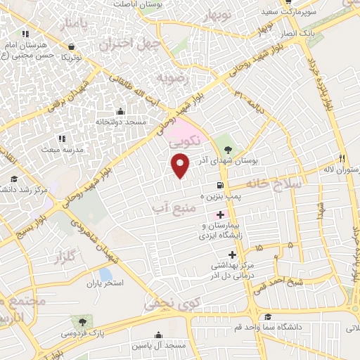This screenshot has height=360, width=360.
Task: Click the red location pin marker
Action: (x=181, y=166)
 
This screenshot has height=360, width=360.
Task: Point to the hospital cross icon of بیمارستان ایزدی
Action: (x=221, y=214)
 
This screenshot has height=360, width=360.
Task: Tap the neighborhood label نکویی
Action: (x=186, y=140)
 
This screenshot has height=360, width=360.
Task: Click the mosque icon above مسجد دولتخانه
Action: (x=120, y=111)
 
